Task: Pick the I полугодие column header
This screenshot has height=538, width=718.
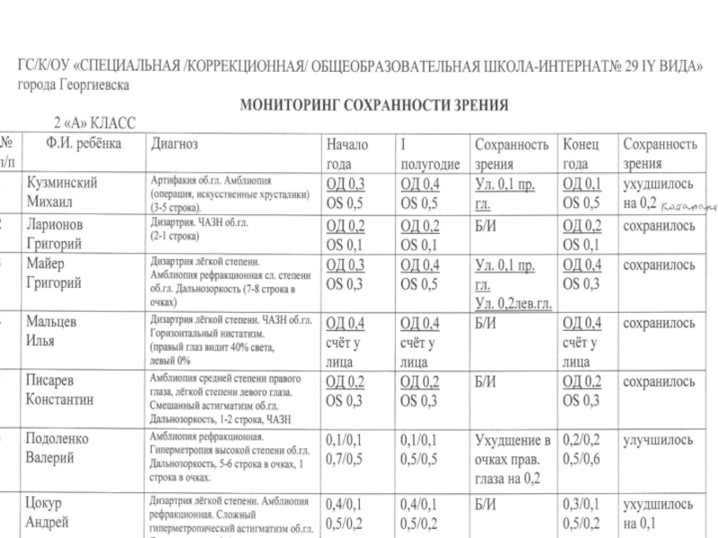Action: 430,153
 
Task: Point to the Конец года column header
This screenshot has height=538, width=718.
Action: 582,153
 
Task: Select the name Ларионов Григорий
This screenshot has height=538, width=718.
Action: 59,235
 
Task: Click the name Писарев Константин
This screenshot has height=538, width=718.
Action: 64,390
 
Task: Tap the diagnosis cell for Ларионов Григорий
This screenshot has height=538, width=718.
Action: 197,230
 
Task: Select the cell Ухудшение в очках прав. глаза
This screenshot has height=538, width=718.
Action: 511,458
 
